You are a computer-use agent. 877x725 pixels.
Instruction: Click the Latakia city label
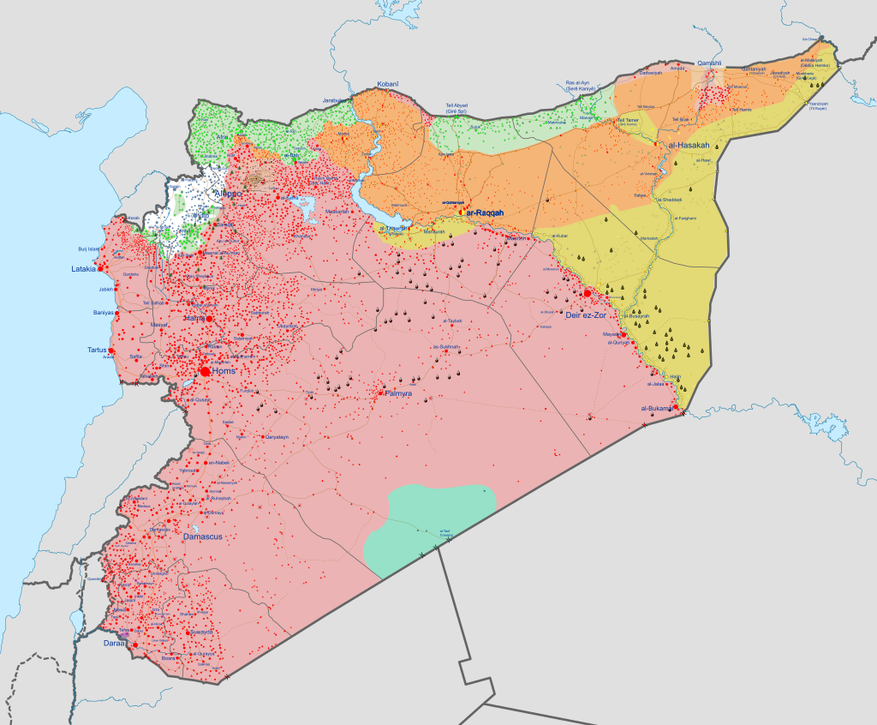point(83,269)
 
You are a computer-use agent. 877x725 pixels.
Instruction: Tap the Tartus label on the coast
point(97,350)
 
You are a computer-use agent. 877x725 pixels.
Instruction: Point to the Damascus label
point(202,536)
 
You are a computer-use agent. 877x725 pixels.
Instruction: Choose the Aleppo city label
point(227,195)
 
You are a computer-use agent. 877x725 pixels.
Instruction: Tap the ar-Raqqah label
point(485,212)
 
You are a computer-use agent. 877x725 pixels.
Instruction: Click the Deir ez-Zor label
point(586,315)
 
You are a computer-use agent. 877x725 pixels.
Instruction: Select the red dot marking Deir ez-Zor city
point(587,293)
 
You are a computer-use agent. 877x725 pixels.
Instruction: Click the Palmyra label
point(398,393)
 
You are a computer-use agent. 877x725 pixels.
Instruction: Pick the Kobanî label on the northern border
point(388,85)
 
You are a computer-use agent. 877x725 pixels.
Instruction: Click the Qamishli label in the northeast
point(711,63)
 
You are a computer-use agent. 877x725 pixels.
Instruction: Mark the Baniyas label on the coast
point(104,312)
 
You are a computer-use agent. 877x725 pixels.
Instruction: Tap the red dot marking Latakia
point(101,268)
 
